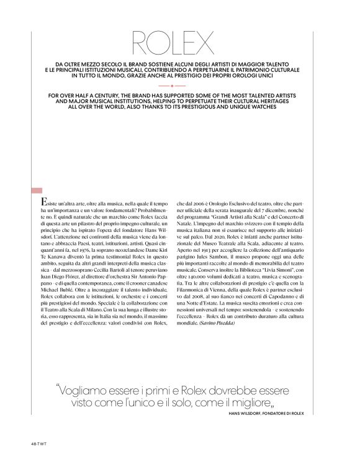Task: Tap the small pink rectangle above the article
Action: click(x=36, y=190)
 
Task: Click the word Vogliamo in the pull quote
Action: click(x=86, y=391)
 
